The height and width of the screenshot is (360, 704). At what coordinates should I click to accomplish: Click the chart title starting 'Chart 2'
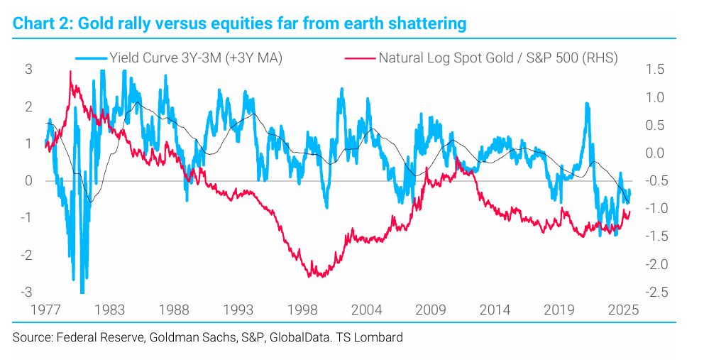pos(239,23)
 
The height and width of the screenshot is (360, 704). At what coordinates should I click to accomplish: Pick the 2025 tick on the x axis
pos(625,310)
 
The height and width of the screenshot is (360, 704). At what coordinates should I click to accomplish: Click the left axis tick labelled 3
pos(28,70)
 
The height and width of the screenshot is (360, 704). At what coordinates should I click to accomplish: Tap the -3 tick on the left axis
pos(25,292)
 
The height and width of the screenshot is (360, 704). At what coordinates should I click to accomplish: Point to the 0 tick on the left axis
pos(28,180)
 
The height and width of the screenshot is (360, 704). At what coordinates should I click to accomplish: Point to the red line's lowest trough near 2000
pos(319,276)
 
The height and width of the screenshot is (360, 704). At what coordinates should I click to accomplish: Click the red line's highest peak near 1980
pos(70,72)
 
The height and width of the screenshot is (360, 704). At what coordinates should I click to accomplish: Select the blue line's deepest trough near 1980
pos(82,292)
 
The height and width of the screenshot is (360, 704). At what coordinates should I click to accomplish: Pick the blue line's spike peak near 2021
pos(587,104)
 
